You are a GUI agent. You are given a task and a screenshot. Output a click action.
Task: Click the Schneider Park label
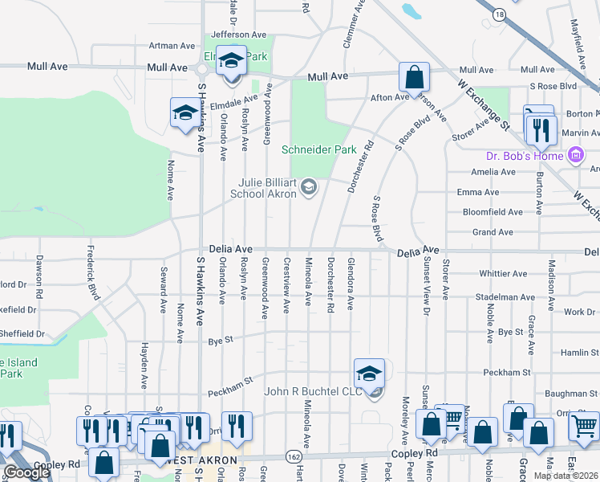pyautogui.click(x=318, y=149)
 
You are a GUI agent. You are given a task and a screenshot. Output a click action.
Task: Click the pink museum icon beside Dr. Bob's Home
pyautogui.click(x=574, y=155)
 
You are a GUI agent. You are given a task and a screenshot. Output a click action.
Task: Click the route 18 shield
pyautogui.click(x=500, y=15)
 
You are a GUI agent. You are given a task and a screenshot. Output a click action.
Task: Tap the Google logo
pyautogui.click(x=27, y=472)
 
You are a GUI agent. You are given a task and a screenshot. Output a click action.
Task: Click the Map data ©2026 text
pyautogui.click(x=566, y=476)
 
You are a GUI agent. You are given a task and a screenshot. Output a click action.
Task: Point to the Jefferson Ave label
pyautogui.click(x=238, y=35)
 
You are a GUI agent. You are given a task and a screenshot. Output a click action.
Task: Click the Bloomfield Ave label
pyautogui.click(x=493, y=212)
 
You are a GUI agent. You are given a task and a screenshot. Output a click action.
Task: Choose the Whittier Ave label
pyautogui.click(x=503, y=274)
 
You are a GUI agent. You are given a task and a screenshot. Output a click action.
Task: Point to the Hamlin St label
pyautogui.click(x=574, y=353)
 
